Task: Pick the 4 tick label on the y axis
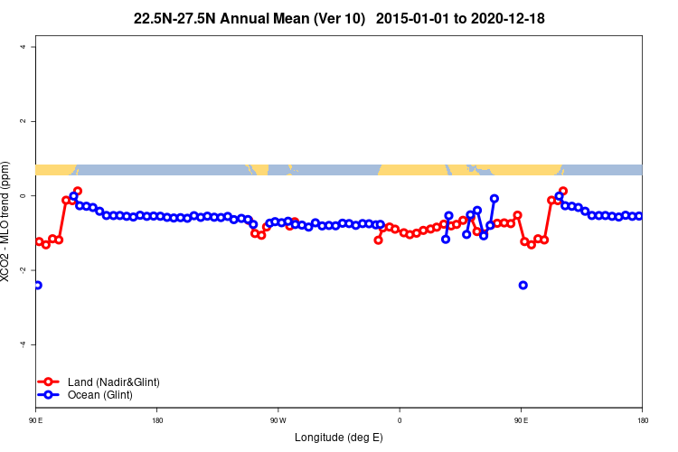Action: pyautogui.click(x=22, y=47)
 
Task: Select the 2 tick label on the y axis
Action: pyautogui.click(x=22, y=121)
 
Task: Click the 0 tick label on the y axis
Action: pyautogui.click(x=22, y=196)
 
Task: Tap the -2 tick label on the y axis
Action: pyautogui.click(x=22, y=270)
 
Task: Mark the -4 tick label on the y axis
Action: pyautogui.click(x=22, y=344)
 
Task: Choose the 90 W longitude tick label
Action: pyautogui.click(x=278, y=420)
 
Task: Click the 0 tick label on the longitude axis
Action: pyautogui.click(x=400, y=420)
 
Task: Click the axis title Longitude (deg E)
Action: pyautogui.click(x=339, y=438)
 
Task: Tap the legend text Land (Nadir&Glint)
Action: pyautogui.click(x=114, y=382)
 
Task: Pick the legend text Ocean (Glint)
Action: pyautogui.click(x=100, y=395)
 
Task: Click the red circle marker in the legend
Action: pyautogui.click(x=51, y=382)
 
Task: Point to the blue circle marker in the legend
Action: pyautogui.click(x=51, y=395)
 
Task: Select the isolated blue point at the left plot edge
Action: pyautogui.click(x=37, y=285)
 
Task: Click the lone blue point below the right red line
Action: pyautogui.click(x=523, y=285)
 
